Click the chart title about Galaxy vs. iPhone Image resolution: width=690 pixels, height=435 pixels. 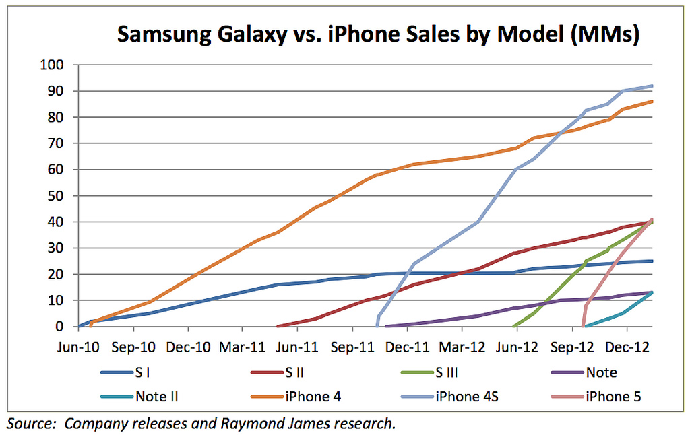point(377,34)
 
